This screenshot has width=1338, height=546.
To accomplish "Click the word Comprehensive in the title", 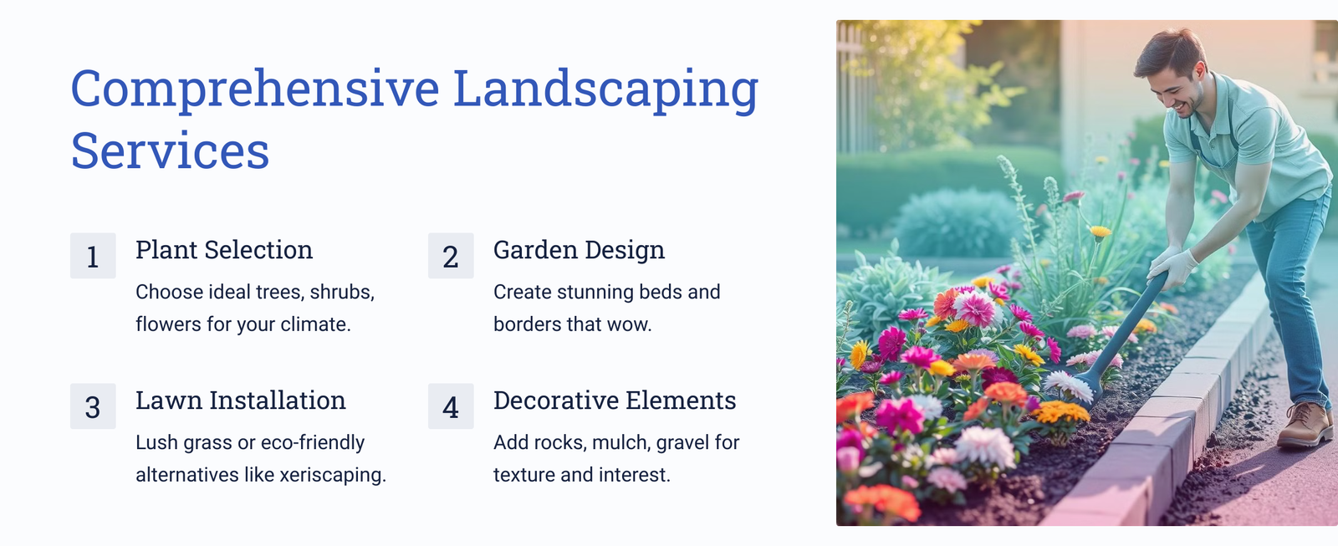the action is tap(255, 89).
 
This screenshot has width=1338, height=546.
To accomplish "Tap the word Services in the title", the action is tap(170, 151).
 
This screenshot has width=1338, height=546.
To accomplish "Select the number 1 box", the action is tap(93, 256).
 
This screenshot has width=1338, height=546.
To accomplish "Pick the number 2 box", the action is tap(451, 256).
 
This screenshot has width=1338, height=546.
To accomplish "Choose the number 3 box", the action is tap(93, 406).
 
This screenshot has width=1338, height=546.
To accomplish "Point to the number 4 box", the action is tap(451, 406).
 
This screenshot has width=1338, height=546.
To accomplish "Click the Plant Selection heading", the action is tap(224, 250).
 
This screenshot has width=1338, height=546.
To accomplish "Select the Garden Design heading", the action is tap(579, 250).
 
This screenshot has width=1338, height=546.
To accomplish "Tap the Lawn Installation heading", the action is tap(241, 401).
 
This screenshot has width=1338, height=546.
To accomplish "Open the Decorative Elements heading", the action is tap(615, 401).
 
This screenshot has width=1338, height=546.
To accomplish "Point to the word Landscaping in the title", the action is tap(605, 89).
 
